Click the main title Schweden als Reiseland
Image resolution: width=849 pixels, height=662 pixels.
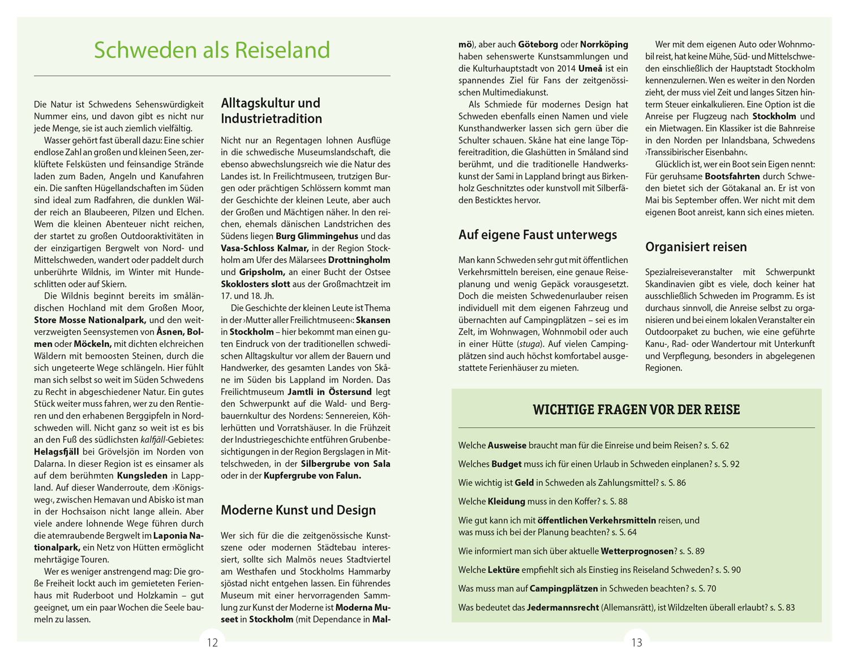[212, 50]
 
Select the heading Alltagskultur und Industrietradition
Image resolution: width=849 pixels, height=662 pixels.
[271, 111]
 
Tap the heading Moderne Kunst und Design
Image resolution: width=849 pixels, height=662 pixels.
[298, 510]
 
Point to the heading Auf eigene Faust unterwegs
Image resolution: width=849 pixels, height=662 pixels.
[538, 235]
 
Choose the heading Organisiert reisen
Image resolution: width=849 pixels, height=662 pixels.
[696, 247]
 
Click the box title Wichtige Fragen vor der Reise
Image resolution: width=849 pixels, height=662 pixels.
[636, 410]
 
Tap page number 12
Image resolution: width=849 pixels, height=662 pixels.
[212, 643]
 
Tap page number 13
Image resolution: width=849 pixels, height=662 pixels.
[637, 643]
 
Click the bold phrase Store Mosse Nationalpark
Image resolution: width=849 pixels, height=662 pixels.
[90, 320]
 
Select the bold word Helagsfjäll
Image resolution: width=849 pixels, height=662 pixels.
[57, 452]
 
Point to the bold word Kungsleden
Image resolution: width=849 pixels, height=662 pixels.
[142, 476]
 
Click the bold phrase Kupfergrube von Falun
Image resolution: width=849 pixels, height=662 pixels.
[312, 476]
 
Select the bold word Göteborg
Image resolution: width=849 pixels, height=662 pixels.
[538, 44]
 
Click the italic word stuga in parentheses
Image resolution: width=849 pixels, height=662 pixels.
[529, 344]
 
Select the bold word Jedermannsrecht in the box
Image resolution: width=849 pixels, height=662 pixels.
[563, 608]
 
